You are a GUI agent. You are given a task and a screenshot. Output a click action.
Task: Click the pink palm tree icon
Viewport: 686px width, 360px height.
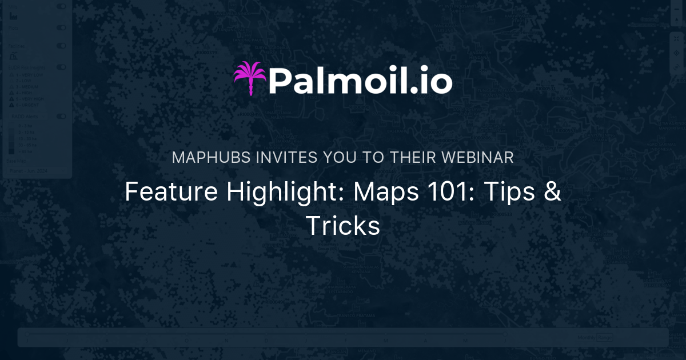pos(250,78)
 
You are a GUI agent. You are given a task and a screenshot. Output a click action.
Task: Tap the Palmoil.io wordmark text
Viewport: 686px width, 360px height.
pos(361,81)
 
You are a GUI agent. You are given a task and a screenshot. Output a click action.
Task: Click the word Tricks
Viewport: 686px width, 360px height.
pos(343,225)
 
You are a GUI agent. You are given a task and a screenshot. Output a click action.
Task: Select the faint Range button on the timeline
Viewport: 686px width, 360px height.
pos(605,338)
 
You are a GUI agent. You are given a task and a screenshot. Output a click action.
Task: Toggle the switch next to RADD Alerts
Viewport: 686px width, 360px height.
pos(61,116)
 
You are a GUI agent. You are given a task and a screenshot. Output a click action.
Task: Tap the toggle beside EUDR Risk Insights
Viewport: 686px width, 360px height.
pos(61,67)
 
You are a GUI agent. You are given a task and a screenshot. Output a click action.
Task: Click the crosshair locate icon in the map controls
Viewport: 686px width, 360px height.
pos(676,53)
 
